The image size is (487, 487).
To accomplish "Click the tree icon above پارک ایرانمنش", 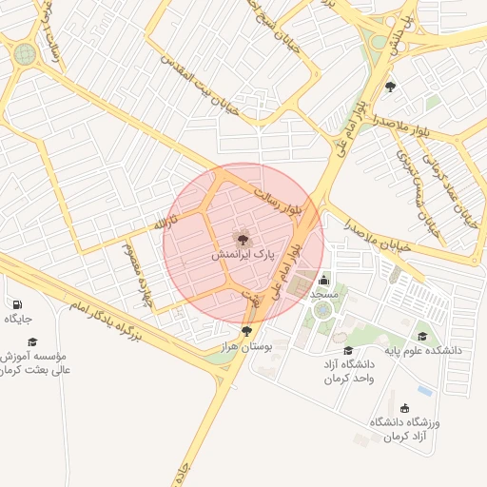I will [243, 240].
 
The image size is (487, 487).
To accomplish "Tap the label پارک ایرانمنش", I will [243, 257].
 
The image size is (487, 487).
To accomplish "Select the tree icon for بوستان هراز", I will [248, 331].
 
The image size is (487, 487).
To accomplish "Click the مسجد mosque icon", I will [323, 280].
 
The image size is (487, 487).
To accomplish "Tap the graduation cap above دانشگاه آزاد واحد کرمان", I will [348, 351].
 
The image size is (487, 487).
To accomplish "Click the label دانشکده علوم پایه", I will [422, 350].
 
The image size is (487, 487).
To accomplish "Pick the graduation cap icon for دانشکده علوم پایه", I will [422, 336].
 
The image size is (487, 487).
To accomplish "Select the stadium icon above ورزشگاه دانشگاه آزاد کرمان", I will [404, 408].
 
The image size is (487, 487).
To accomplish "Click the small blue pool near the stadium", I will [425, 391].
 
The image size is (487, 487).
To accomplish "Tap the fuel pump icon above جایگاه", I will [16, 304].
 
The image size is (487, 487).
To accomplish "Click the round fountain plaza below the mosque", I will [323, 309].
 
